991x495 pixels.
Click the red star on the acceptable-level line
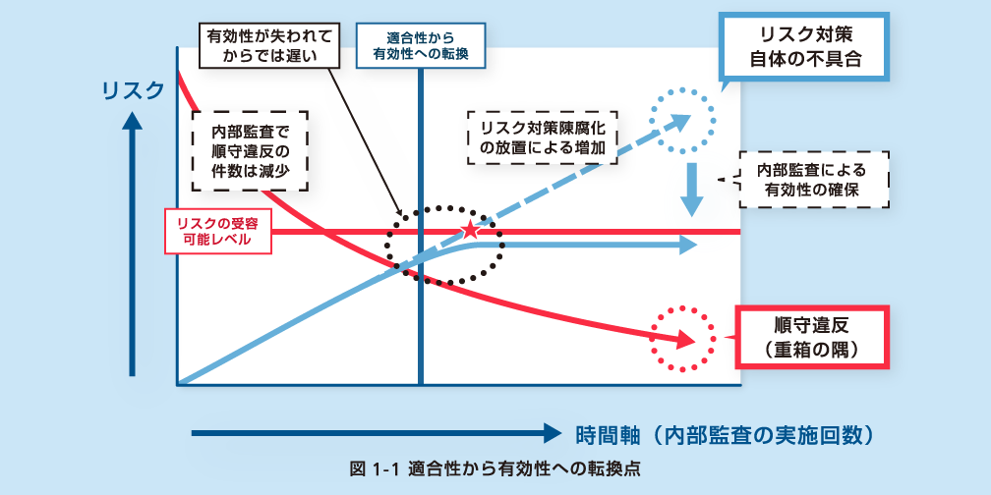pos(471,231)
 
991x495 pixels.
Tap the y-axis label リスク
pos(133,90)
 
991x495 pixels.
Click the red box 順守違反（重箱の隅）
pos(811,336)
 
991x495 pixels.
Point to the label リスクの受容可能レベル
pos(217,231)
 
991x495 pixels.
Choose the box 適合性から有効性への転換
pos(420,45)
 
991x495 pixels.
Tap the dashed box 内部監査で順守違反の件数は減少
pos(248,150)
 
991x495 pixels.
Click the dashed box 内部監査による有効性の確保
pos(816,179)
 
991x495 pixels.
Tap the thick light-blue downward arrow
pos(693,190)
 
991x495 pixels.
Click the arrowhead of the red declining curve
pos(683,340)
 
